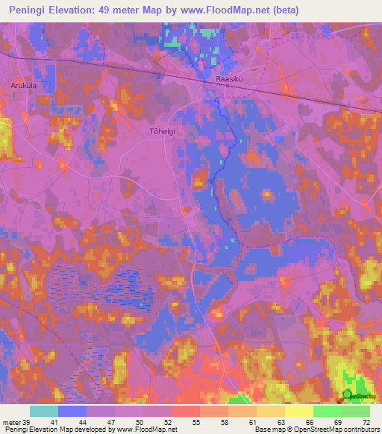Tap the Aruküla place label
point(23,86)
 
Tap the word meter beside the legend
point(11,422)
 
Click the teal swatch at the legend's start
point(44,411)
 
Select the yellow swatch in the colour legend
point(298,411)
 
